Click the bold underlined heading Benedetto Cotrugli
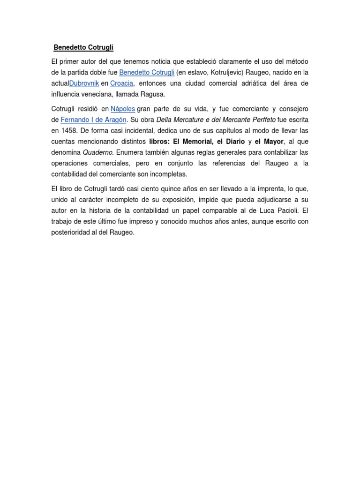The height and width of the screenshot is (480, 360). [83, 47]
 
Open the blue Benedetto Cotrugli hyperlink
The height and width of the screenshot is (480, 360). [147, 73]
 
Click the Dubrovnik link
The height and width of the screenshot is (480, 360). [84, 83]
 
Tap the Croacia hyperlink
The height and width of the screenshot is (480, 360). [122, 83]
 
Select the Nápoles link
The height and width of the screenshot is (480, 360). [123, 109]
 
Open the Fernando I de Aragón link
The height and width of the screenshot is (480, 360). [94, 120]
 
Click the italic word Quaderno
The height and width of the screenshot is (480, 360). [98, 152]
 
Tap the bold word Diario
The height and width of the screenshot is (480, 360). [234, 142]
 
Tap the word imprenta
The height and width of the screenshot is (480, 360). [270, 188]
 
